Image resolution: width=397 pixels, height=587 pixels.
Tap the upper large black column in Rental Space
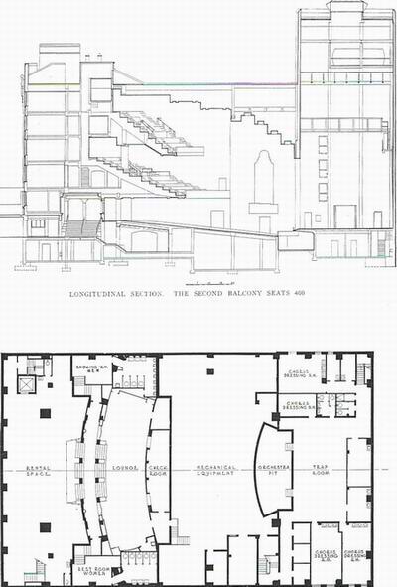pyautogui.click(x=44, y=412)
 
